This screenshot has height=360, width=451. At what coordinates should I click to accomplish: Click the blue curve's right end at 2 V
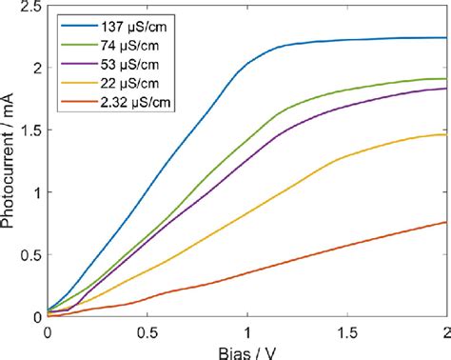(445, 38)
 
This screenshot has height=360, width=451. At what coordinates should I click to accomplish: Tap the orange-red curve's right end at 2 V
(445, 222)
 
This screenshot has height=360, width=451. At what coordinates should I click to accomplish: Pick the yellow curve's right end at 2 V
(445, 134)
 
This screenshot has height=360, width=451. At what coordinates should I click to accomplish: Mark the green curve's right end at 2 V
(445, 79)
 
